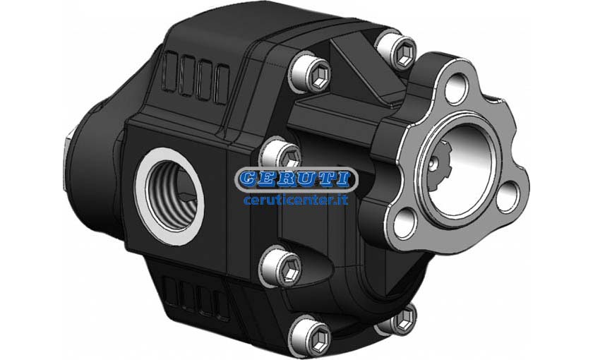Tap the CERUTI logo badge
(x=296, y=179)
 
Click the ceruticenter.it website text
(x=296, y=199)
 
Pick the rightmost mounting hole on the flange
(x=507, y=197)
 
